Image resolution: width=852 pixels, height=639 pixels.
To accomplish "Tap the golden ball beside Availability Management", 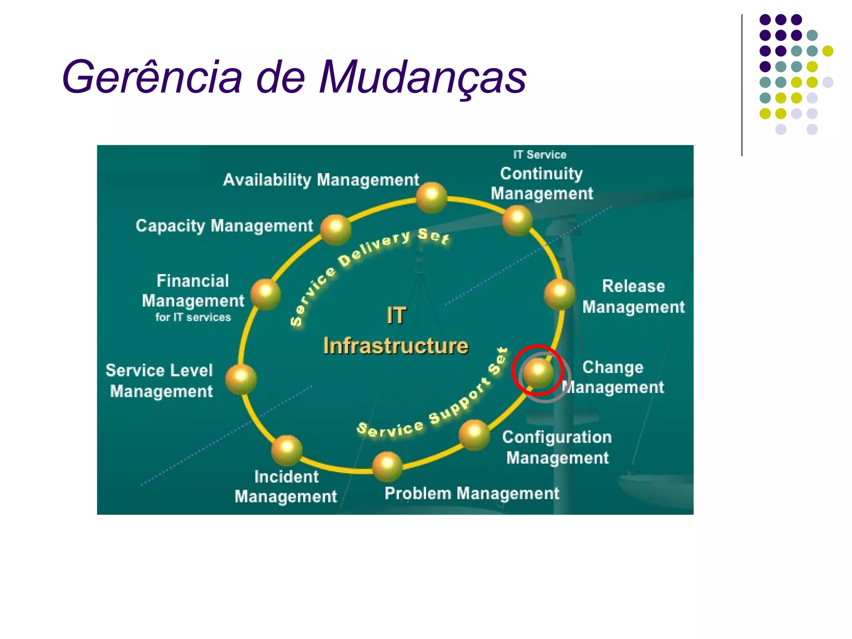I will (x=431, y=197).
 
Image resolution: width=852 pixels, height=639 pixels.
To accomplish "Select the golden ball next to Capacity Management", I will (x=336, y=229).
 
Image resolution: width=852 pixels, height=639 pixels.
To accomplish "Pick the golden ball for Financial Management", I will (x=265, y=294).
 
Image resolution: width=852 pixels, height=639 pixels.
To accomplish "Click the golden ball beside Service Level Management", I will (x=241, y=379).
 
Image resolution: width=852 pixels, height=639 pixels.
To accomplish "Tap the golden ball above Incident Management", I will (x=287, y=450).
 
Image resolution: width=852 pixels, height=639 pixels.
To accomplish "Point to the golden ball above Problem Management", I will (x=387, y=466).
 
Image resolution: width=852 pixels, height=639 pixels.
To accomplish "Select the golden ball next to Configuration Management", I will (x=474, y=435).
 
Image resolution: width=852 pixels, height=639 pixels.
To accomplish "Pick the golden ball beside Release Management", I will (x=560, y=294).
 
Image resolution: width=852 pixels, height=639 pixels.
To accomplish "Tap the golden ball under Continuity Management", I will (x=517, y=220).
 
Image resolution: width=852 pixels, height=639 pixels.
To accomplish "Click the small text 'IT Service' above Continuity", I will (x=540, y=155).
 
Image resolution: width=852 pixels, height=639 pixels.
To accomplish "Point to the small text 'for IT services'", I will (x=193, y=317).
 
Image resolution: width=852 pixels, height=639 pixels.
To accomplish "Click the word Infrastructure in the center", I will (x=396, y=346).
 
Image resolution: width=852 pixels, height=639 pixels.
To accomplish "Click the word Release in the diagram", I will (x=633, y=286).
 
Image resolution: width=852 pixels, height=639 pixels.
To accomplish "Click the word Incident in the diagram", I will (x=286, y=477).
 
